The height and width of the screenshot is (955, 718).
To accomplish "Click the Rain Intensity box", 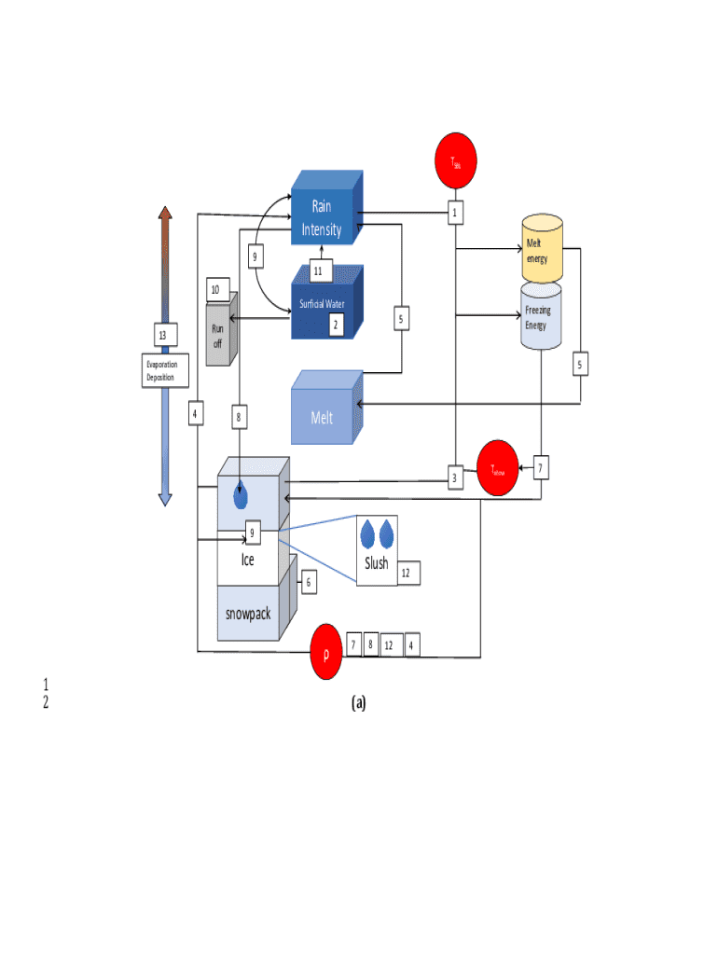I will point(323,217).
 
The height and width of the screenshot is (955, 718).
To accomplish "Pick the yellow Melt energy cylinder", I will point(543,249).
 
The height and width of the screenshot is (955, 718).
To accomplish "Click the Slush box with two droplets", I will point(378,550).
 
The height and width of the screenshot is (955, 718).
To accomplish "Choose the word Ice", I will point(247,561).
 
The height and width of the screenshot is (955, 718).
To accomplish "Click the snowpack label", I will point(248,614).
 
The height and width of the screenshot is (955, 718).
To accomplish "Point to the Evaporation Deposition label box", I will point(166,370).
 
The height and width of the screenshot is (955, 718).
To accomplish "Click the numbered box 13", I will point(163,335).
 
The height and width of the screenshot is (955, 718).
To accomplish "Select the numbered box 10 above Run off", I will point(215,289).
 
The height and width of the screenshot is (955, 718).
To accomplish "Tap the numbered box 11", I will point(318,271).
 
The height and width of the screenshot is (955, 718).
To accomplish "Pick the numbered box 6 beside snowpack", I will point(308,583).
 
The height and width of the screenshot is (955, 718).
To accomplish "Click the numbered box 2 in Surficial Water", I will point(336,325).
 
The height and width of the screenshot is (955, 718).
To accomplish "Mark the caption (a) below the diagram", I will point(359,703).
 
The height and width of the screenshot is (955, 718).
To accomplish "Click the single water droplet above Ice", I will point(241,494).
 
